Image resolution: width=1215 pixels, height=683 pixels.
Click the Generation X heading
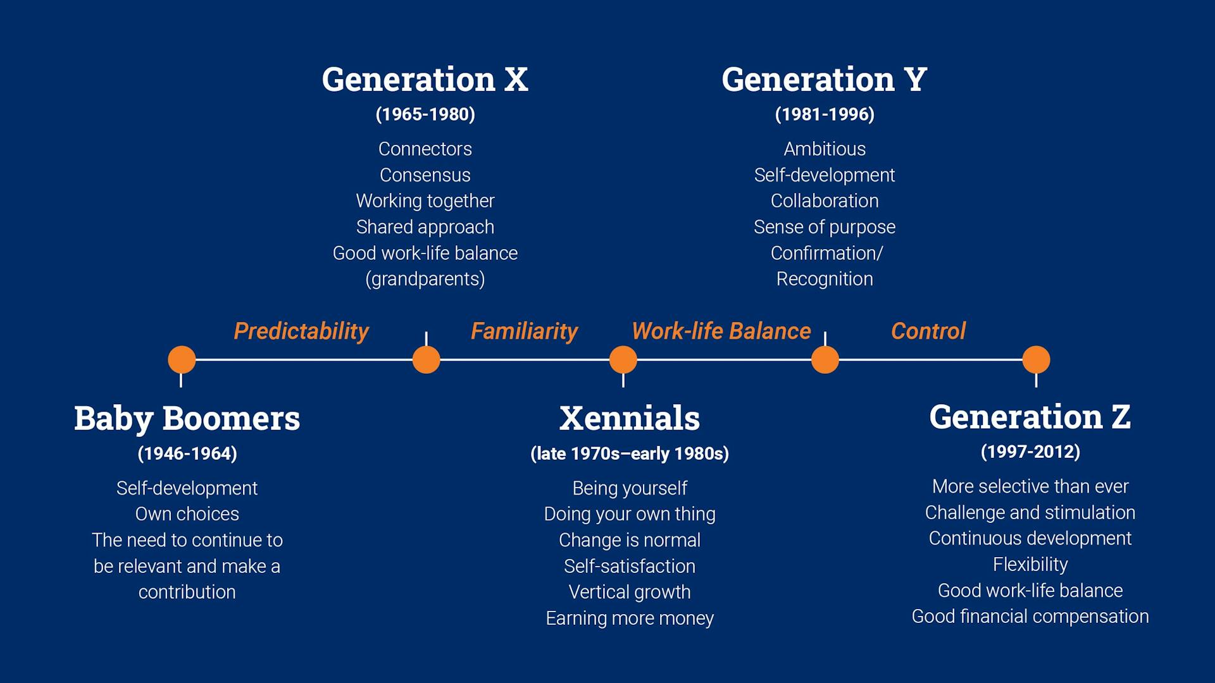click(425, 80)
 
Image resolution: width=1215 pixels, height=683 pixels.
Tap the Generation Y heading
click(824, 80)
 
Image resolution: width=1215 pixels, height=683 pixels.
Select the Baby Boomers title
click(187, 419)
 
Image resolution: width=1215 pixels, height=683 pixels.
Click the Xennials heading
click(630, 419)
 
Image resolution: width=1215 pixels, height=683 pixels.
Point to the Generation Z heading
click(1030, 417)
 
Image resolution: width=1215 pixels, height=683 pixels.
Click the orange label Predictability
click(301, 331)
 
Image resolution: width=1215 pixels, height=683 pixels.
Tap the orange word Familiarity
click(524, 331)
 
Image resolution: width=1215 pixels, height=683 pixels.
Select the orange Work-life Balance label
click(721, 331)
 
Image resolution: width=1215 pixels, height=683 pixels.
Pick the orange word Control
click(928, 331)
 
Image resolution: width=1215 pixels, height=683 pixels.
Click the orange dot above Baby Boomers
click(182, 360)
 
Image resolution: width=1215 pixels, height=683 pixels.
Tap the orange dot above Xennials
click(623, 360)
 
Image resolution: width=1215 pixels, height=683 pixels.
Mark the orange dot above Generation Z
click(1036, 360)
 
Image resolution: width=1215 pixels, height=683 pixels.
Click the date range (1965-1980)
click(425, 114)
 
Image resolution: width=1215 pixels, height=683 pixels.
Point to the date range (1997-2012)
click(1030, 452)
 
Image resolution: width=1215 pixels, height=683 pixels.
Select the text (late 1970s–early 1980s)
click(630, 453)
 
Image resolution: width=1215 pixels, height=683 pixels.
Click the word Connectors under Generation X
click(425, 149)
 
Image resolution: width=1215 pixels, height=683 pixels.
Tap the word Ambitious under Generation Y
click(825, 149)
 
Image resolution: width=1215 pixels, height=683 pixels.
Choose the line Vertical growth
click(630, 592)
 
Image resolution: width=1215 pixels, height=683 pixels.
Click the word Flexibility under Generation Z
click(1030, 564)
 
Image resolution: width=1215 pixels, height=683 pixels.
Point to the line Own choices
click(187, 514)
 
